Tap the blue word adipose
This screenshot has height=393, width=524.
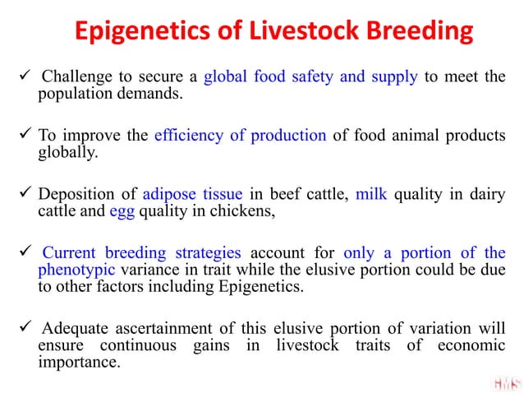click(171, 194)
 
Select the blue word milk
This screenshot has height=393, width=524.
click(370, 194)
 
